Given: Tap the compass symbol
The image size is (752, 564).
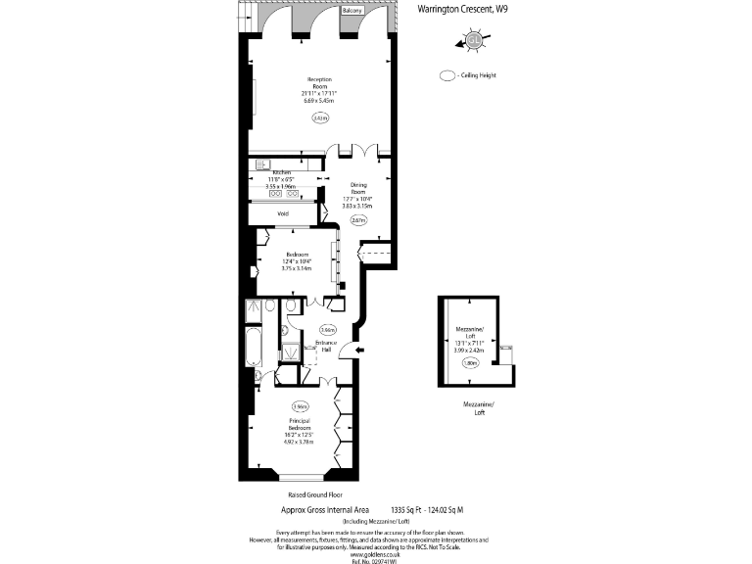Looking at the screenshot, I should tap(473, 40).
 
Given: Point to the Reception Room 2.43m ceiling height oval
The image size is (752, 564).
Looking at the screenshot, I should tap(319, 117).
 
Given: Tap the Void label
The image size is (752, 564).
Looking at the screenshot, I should tap(283, 212).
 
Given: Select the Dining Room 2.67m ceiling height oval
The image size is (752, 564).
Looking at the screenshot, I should tap(359, 220).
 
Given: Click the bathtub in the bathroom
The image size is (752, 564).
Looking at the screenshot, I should tap(253, 348).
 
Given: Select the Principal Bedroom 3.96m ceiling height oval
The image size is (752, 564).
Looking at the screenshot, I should tap(300, 406).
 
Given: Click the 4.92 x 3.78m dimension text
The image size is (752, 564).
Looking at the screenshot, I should tap(300, 441).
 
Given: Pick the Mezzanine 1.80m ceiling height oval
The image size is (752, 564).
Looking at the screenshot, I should tap(471, 362).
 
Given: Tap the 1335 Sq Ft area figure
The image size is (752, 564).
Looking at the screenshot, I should tap(407, 510).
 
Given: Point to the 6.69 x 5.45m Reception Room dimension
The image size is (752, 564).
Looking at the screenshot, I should tap(319, 100).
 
